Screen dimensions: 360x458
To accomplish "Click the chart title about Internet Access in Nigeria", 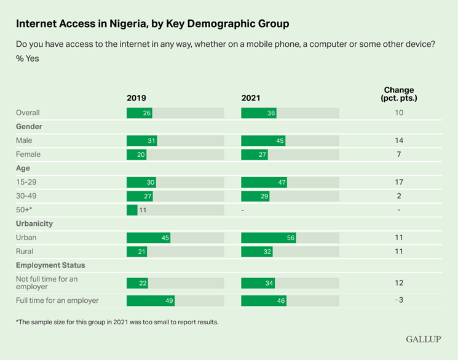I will point(152,24).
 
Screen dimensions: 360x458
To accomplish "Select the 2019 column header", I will point(136,98).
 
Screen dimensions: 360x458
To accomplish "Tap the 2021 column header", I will point(251,98).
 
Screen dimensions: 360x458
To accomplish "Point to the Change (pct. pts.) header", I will point(398,94).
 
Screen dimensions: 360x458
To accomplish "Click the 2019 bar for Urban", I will point(148,238).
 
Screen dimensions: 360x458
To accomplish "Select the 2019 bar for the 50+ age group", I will point(132,210).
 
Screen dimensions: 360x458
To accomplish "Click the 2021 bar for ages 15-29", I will point(265,182).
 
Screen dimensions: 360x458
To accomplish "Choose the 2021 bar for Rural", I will point(256,251).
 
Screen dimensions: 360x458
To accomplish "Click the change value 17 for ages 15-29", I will point(399,182).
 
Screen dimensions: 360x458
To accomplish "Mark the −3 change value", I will point(399,300).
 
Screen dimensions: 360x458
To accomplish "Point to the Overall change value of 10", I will point(399,113).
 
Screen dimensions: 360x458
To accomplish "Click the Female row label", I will point(28,154).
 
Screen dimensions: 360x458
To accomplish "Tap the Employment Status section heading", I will point(50,265).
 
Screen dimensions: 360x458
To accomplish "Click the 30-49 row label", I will point(27,196).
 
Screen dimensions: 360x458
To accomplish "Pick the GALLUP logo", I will point(424,339).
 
